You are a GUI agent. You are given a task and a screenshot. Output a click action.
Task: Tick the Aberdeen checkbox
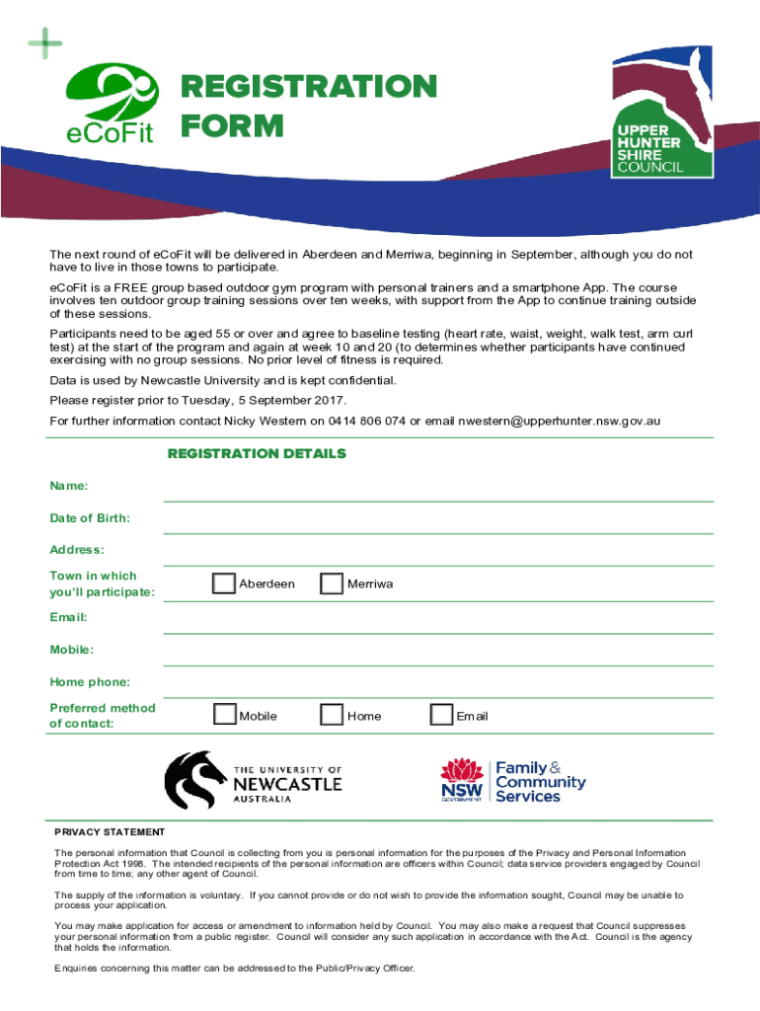[224, 583]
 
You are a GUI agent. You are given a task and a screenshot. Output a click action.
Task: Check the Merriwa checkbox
[333, 583]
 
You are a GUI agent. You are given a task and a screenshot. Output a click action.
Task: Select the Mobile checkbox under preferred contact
[224, 715]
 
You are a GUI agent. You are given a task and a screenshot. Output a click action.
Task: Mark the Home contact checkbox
[333, 715]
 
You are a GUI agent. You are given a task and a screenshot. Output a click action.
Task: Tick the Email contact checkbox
[441, 715]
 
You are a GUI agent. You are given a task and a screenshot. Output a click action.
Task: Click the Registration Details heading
[257, 454]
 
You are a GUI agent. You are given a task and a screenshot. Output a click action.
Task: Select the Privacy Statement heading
[110, 832]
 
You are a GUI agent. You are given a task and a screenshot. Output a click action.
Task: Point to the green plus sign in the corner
[45, 43]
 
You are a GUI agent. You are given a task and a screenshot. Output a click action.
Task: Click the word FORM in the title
[231, 126]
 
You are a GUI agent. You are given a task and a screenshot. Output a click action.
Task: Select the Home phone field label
[90, 682]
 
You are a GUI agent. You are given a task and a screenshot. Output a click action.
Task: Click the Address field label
[77, 549]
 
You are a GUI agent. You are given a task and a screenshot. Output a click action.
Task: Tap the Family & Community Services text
[540, 782]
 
